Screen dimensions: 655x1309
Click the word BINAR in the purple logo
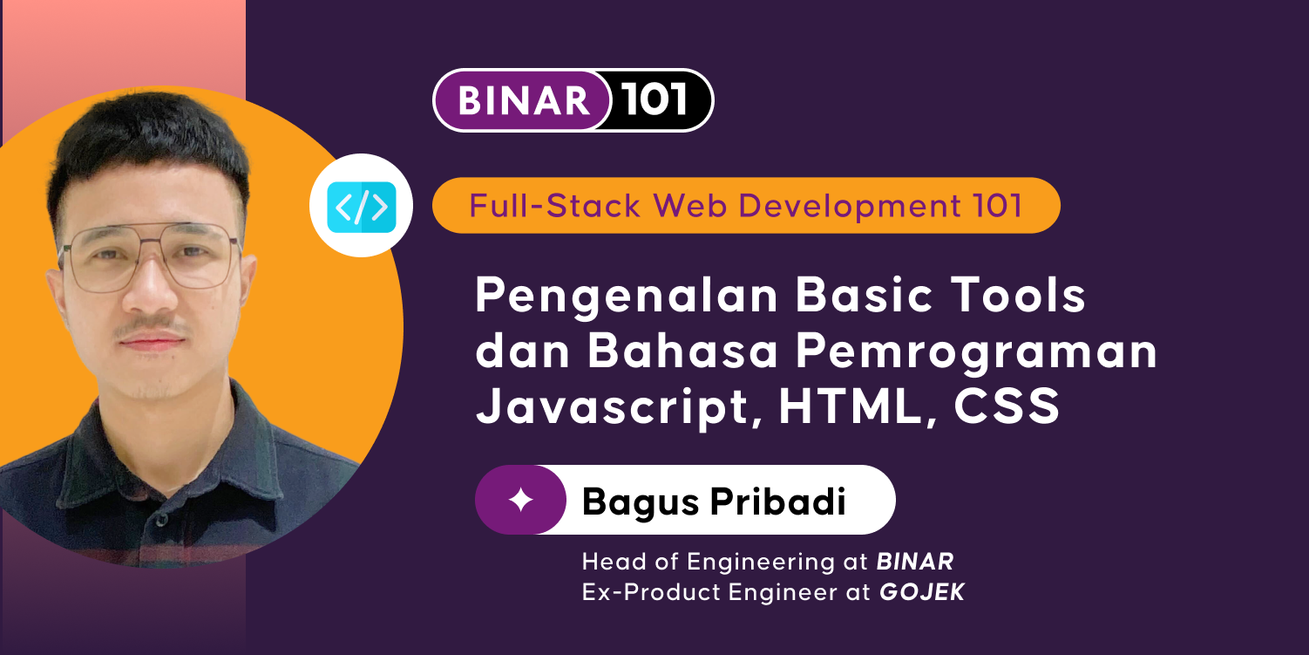[524, 101]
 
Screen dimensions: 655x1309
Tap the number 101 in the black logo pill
[656, 101]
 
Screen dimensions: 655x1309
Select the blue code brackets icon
[361, 207]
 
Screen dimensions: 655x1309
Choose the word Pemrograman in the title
[979, 352]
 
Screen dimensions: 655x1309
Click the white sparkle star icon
[520, 500]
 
